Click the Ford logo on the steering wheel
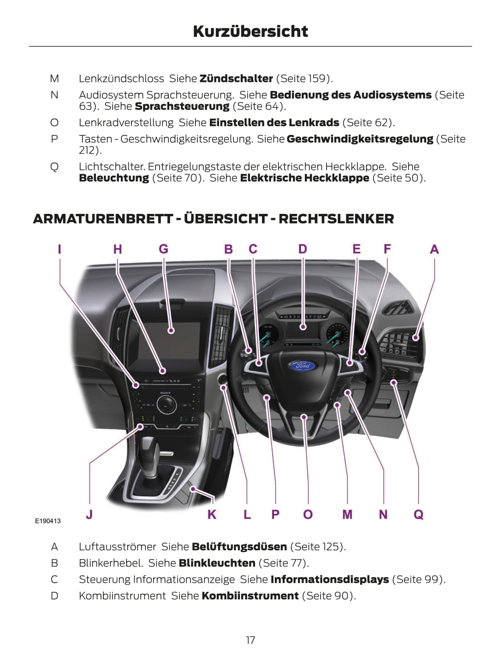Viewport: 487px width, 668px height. point(303,366)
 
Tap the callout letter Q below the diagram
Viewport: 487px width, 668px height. point(418,514)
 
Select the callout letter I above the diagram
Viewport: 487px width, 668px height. point(59,249)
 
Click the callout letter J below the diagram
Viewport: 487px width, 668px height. point(89,514)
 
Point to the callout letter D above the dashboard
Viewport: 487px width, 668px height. point(303,249)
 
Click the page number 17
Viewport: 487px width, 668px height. point(250,640)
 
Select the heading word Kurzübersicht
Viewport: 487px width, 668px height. point(250,31)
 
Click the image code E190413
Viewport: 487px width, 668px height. point(48,521)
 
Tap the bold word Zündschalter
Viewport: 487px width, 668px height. point(236,79)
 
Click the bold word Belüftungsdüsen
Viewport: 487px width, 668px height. point(239,547)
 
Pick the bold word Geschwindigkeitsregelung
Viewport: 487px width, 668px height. point(360,139)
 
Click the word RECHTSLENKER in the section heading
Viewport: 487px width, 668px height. point(336,219)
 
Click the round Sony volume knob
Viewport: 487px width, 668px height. point(165,404)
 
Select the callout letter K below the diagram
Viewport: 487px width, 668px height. point(212,514)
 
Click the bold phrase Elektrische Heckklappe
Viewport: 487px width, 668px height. point(305,178)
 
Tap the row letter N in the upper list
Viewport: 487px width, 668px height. point(54,95)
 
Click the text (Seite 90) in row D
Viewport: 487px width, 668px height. point(329,596)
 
